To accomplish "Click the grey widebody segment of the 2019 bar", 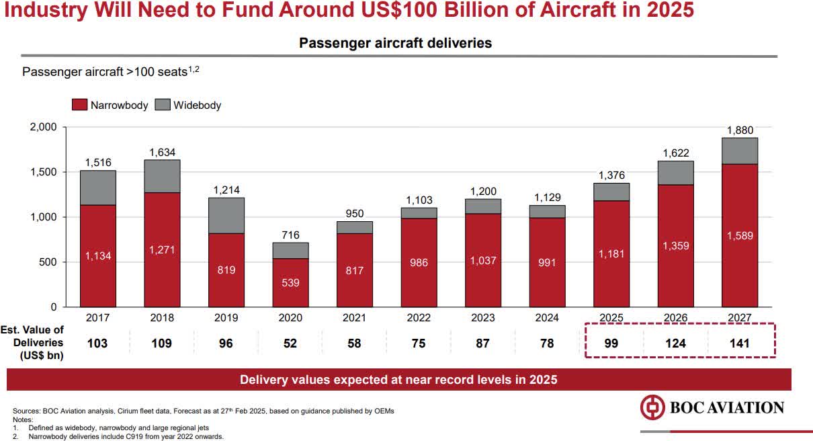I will tap(226, 215).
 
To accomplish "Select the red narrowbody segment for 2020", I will tap(290, 282).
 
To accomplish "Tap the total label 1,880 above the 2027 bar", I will tap(740, 130).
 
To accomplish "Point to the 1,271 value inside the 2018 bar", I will tap(162, 250).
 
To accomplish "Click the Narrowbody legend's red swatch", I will tap(79, 105).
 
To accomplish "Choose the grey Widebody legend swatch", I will tap(162, 105).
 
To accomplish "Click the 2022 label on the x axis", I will tap(419, 318).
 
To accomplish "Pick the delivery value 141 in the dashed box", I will tap(740, 344).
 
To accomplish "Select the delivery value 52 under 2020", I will tap(290, 344).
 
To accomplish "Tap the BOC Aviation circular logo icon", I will tap(652, 407).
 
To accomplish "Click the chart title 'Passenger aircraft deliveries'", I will tap(395, 43).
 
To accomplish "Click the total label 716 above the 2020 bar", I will tap(290, 235).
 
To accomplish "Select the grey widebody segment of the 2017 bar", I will tap(97, 188).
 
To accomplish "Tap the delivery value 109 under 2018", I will tap(162, 344).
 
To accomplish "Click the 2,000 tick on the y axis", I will tap(42, 127).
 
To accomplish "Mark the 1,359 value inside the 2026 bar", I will tap(675, 246).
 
